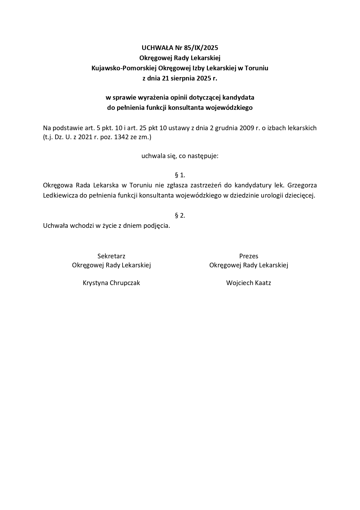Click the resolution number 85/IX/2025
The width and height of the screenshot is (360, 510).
click(x=201, y=48)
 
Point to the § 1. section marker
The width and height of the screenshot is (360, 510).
click(x=180, y=175)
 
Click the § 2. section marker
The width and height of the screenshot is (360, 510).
click(x=180, y=216)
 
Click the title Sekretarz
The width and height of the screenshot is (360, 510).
click(x=111, y=256)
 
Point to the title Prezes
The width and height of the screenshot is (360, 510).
click(x=249, y=256)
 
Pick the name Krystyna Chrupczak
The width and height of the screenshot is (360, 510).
click(x=111, y=283)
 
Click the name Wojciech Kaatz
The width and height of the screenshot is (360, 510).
click(x=249, y=283)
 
